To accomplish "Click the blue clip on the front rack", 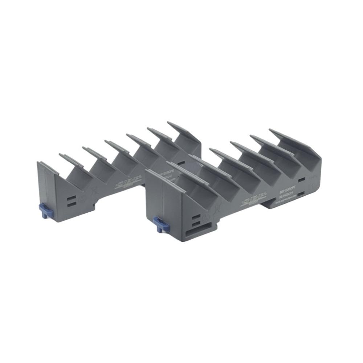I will [x=159, y=223].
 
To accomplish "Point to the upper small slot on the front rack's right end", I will [x=301, y=179].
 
